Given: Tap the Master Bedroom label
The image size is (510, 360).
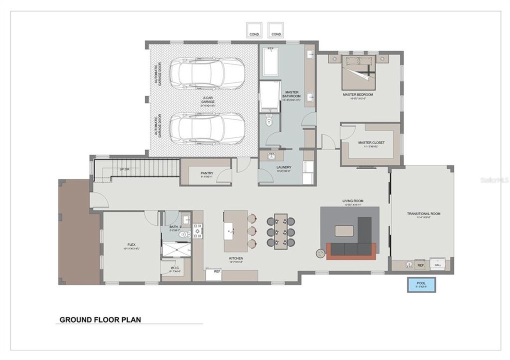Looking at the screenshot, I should (x=357, y=94).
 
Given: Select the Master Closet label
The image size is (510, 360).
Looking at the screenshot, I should (x=371, y=142).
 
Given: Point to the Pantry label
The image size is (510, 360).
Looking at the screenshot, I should (x=207, y=173).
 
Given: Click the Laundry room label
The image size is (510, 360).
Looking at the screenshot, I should (x=283, y=167).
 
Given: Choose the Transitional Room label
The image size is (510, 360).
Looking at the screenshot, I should (x=423, y=213).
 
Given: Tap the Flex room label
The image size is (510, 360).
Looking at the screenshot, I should (x=131, y=244).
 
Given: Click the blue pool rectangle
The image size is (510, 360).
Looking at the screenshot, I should (x=421, y=284).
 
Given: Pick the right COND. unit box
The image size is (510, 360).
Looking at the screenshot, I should (x=276, y=29).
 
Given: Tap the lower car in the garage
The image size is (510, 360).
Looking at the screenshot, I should (x=206, y=128).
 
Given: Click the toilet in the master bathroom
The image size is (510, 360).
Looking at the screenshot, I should (x=269, y=120).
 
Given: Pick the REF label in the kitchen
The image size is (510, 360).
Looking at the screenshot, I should (x=217, y=271).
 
